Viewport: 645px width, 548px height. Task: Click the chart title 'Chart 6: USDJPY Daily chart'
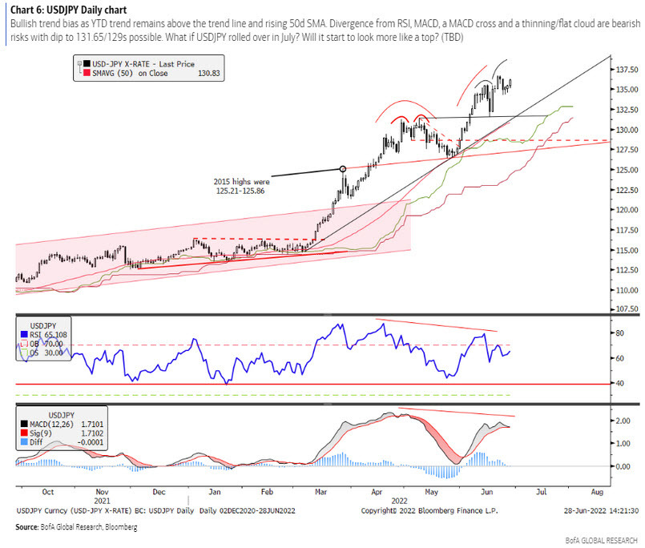tap(68, 9)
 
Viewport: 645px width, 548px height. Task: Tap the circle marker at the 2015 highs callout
tap(343, 168)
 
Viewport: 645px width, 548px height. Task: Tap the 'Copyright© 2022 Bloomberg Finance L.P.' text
tap(429, 510)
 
